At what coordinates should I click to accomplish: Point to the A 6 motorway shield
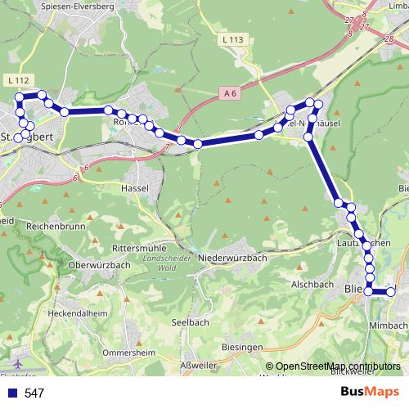[231, 96]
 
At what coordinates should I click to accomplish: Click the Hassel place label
[133, 187]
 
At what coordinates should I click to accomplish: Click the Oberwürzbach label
[100, 264]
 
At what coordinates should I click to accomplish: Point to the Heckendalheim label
[78, 312]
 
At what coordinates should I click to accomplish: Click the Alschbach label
[312, 285]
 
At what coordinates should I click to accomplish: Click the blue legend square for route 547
[11, 393]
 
